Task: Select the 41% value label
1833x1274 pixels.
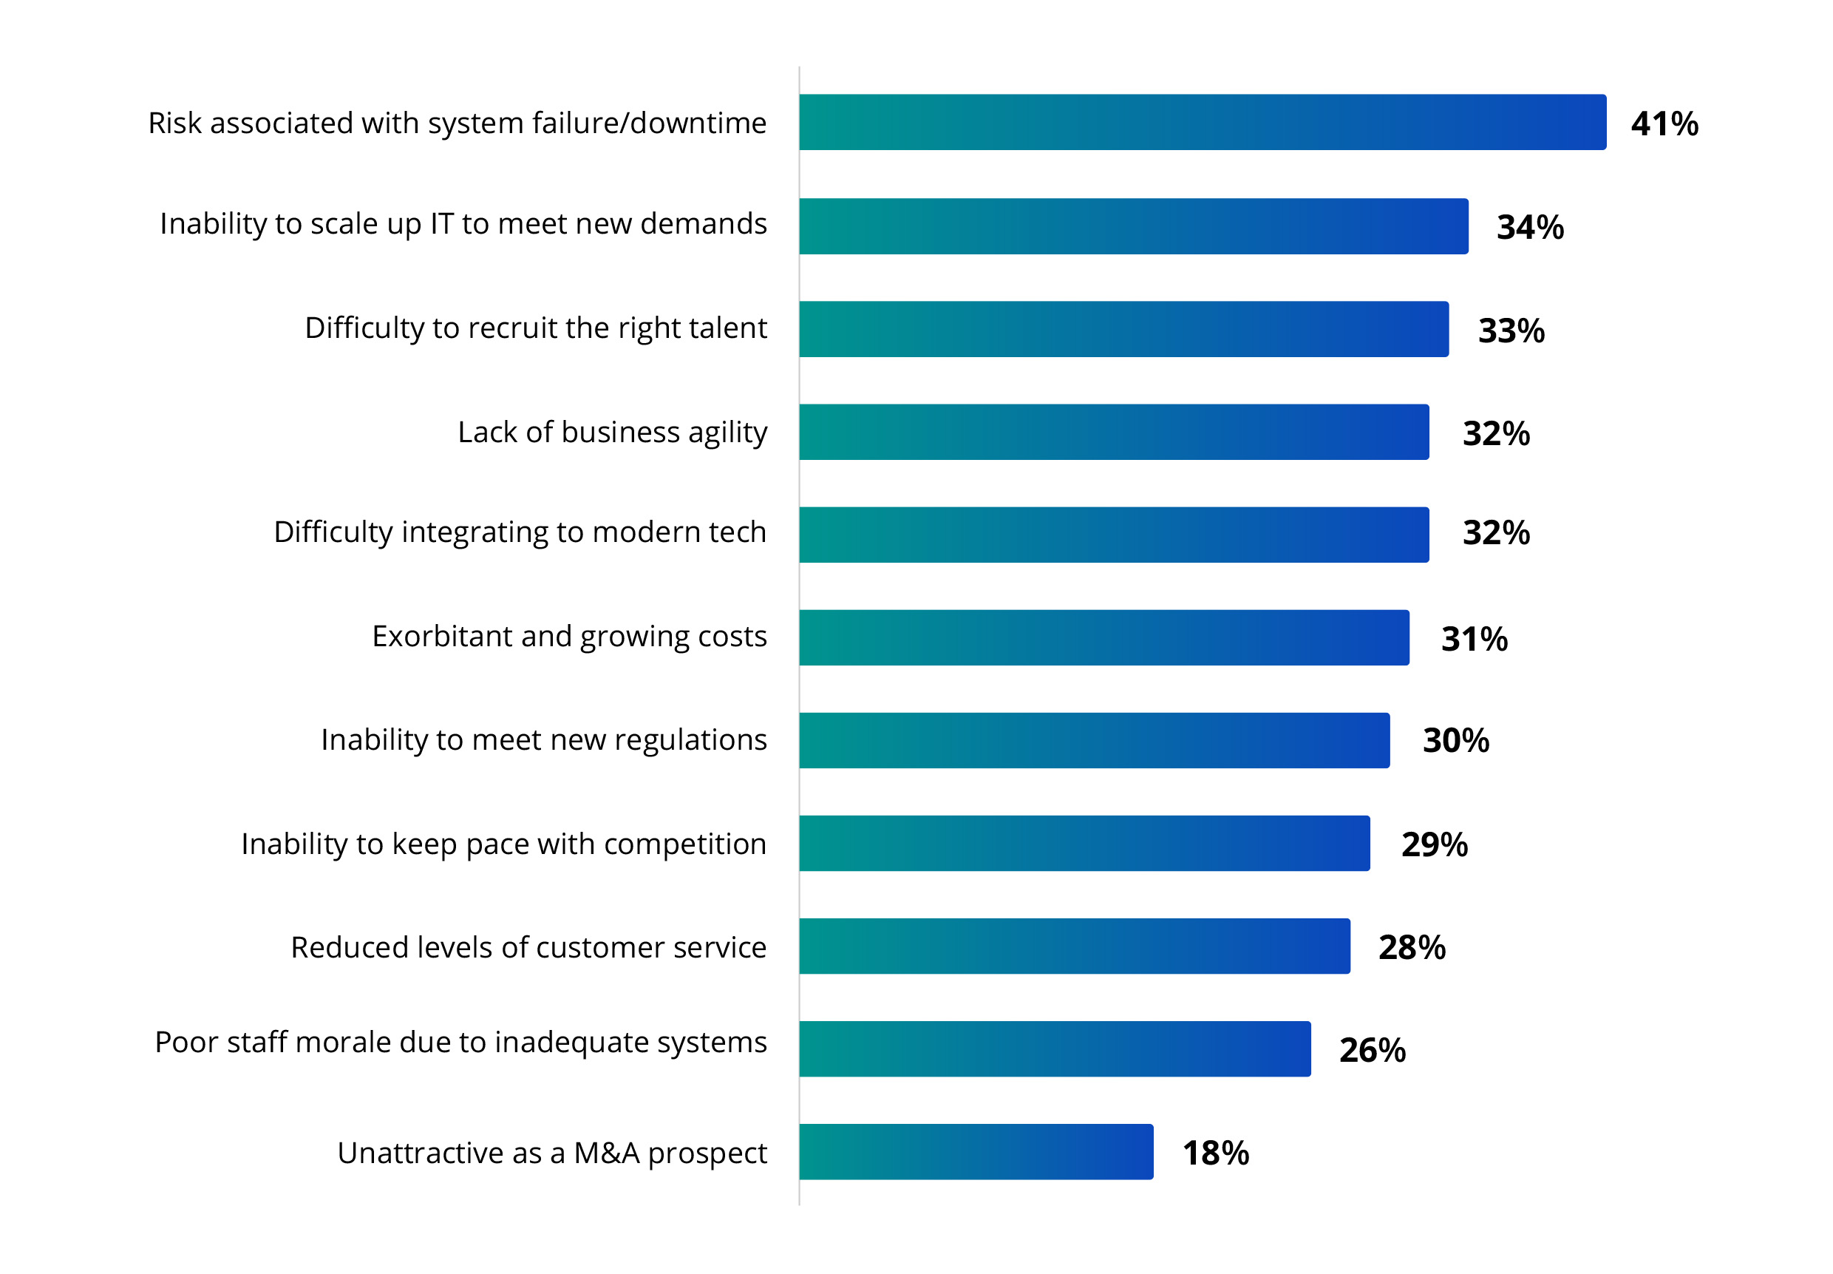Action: pos(1664,123)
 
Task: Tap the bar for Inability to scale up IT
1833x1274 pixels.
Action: pos(1132,226)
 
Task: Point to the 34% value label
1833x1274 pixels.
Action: pos(1529,228)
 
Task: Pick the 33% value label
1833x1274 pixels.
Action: pos(1511,331)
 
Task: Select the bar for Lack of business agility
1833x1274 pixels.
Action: pos(1113,432)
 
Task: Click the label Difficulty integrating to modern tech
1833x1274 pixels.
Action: pos(520,532)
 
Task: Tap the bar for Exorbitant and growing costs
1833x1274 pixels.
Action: pos(1103,637)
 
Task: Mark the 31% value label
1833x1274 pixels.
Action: pos(1473,640)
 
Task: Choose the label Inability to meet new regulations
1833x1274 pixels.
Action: pos(543,740)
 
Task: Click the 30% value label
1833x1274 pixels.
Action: pos(1455,741)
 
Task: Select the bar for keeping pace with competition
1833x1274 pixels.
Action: pos(1084,843)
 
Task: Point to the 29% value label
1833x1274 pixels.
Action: pos(1434,844)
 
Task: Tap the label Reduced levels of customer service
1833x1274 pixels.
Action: pos(528,947)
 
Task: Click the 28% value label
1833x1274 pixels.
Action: pos(1411,947)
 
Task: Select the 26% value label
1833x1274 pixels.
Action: pos(1372,1050)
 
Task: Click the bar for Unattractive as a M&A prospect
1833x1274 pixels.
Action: pos(975,1151)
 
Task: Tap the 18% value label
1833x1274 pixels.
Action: pos(1214,1153)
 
